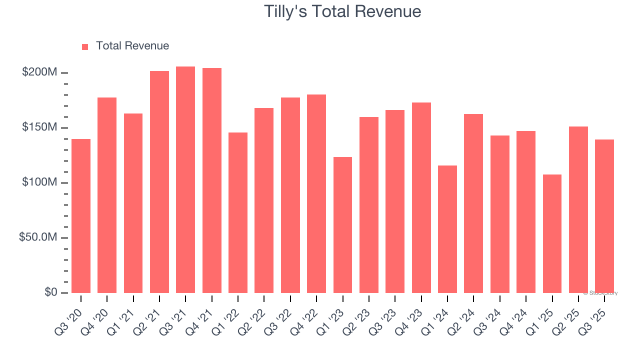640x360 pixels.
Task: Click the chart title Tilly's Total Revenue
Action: point(342,11)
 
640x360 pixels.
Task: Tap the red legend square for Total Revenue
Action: point(85,46)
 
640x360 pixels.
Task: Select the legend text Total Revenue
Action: point(132,46)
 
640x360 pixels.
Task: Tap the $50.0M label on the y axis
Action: point(38,237)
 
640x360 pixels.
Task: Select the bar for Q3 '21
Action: point(185,180)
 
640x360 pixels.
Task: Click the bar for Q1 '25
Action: point(552,233)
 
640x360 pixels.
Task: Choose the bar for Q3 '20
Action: point(81,216)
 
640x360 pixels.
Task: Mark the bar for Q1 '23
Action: point(342,225)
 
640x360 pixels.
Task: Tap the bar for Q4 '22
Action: point(316,193)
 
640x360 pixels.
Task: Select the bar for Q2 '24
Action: point(473,203)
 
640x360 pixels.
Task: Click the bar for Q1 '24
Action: point(447,229)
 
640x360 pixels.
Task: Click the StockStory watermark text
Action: point(600,293)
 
